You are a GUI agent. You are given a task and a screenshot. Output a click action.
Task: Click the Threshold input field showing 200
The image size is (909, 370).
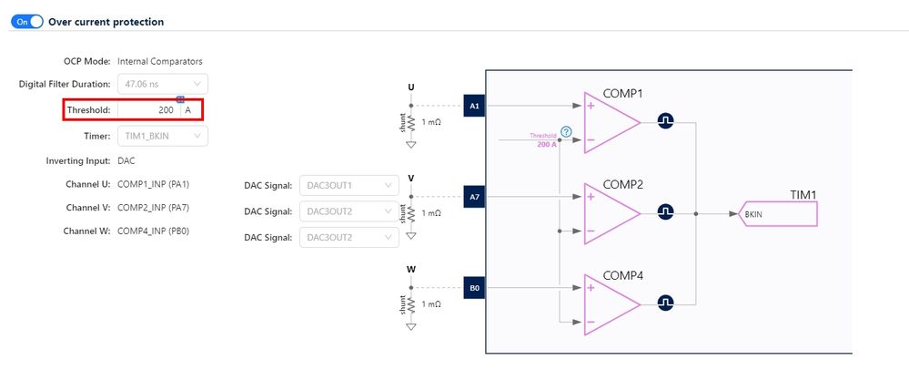146,109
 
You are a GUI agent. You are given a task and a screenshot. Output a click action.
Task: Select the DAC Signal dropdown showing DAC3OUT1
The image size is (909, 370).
348,186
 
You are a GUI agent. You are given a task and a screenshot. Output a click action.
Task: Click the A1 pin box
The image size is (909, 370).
474,106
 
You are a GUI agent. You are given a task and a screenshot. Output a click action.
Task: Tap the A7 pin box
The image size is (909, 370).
474,196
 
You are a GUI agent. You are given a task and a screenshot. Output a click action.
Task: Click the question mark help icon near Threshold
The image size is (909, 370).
566,132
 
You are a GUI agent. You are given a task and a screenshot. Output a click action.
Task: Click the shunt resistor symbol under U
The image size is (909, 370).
411,123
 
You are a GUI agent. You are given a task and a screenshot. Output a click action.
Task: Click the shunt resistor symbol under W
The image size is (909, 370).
411,303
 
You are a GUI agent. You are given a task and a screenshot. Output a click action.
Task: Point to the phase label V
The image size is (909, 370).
411,178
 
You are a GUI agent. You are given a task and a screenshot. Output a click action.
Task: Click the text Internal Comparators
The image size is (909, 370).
160,61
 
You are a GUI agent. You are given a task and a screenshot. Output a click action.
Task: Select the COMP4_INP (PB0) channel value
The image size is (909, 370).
154,231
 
